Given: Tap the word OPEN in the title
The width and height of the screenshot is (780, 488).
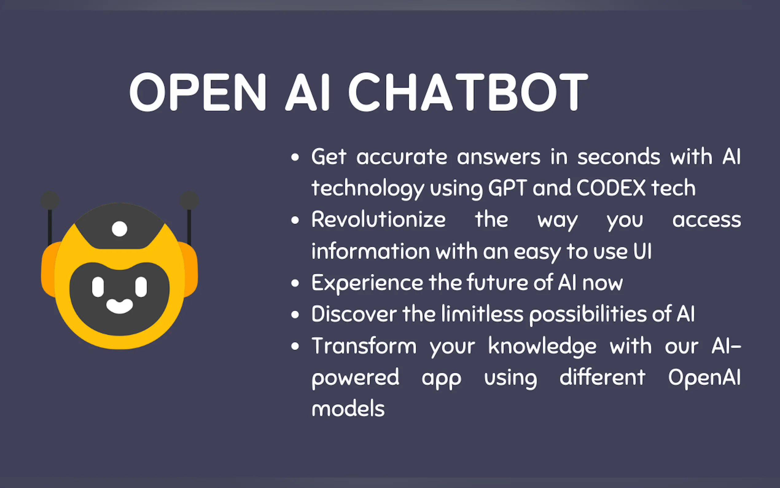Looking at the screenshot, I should [198, 92].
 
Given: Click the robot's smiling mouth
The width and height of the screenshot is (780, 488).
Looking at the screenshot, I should [119, 306].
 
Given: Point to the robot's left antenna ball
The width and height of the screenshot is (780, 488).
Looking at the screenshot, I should [50, 200].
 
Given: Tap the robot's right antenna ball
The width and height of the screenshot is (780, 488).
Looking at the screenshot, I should [189, 200].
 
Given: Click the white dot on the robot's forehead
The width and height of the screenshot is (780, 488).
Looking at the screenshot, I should [119, 229].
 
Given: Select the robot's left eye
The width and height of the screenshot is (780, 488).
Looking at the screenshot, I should [98, 287].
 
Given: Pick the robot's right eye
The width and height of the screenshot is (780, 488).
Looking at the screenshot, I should [141, 287].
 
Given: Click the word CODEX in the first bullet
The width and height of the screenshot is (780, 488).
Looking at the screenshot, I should [611, 188].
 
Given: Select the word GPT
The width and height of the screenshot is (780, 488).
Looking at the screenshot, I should [508, 188].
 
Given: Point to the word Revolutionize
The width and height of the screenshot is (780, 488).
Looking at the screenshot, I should [379, 219].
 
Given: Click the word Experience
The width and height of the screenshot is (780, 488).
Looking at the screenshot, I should [367, 283].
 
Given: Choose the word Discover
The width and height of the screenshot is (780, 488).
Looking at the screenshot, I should [354, 314].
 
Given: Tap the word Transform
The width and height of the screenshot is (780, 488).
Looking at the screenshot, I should [364, 346].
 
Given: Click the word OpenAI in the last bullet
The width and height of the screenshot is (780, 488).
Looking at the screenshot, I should [704, 378].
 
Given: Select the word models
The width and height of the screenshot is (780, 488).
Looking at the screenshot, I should [348, 409].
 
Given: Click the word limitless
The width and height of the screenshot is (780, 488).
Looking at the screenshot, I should [482, 314].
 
